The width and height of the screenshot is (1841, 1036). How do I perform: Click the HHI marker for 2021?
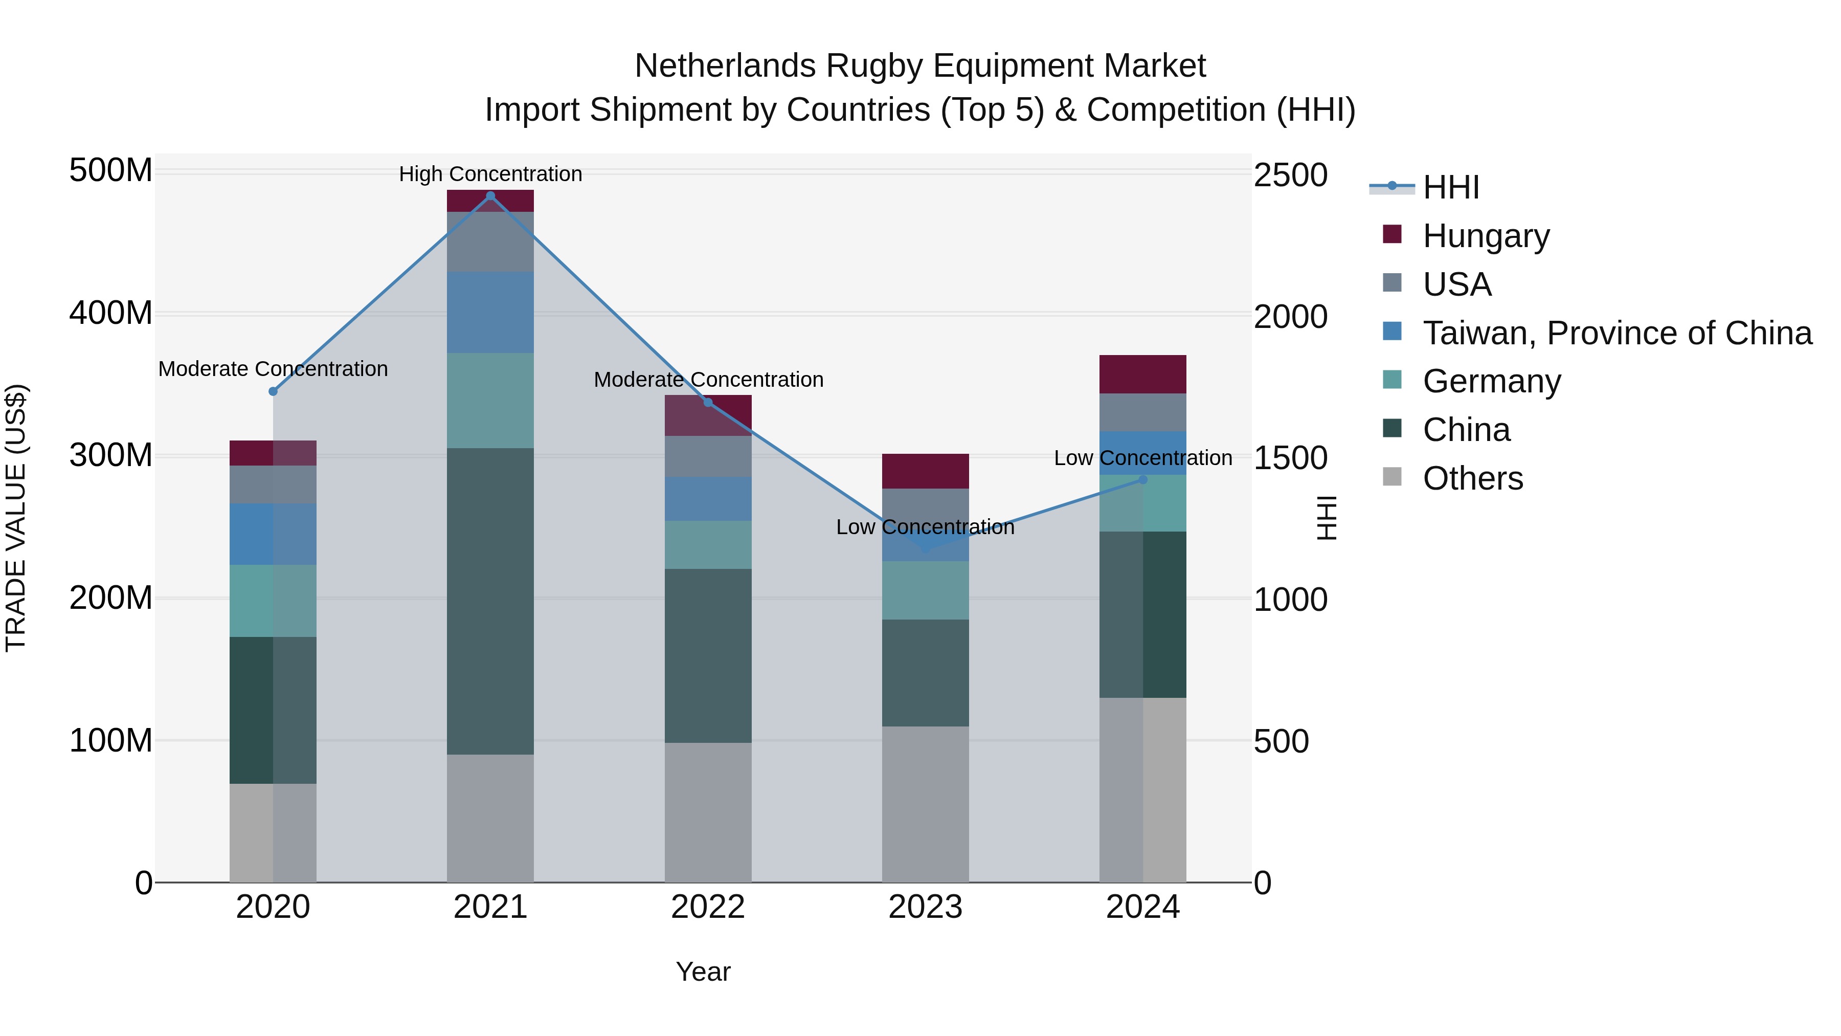point(490,196)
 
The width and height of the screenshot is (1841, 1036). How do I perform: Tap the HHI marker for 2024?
point(1143,480)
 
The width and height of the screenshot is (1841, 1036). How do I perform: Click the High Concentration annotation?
point(490,174)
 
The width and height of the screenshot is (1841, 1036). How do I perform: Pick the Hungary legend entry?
point(1486,236)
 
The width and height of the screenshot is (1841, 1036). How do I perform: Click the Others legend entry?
point(1472,478)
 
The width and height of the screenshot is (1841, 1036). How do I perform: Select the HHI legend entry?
point(1450,187)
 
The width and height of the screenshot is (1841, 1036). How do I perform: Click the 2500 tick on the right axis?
point(1291,175)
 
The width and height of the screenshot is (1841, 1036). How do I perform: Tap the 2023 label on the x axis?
point(926,907)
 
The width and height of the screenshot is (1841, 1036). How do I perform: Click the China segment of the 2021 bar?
point(490,601)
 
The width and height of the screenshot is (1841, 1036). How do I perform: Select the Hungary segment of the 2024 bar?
point(1143,374)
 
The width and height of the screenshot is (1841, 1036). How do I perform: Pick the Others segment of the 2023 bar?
point(926,804)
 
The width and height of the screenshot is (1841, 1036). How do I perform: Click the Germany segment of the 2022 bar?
point(708,545)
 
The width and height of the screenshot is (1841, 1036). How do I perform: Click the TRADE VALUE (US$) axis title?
point(16,518)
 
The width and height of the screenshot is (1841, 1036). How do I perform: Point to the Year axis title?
point(703,972)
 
